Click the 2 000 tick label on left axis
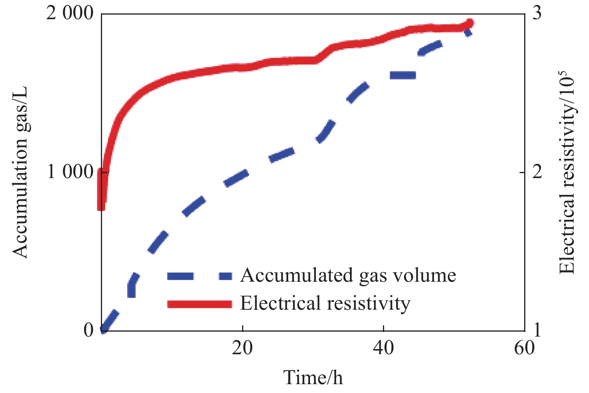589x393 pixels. tap(70, 14)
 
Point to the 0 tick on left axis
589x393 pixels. tap(89, 330)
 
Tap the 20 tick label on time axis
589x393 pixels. tap(243, 348)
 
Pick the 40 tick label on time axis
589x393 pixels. tap(383, 348)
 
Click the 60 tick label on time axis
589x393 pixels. tap(524, 348)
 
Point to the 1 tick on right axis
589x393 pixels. tap(538, 330)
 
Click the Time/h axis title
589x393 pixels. tap(313, 377)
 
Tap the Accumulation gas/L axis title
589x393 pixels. tap(20, 172)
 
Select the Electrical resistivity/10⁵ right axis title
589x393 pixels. tap(567, 172)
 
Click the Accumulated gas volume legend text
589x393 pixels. tap(348, 276)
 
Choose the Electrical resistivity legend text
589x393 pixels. tap(325, 303)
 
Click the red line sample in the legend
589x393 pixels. tap(200, 304)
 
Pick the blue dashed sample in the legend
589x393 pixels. tap(200, 276)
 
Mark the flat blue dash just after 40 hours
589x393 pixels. tap(403, 75)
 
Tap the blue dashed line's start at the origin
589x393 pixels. tap(103, 329)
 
